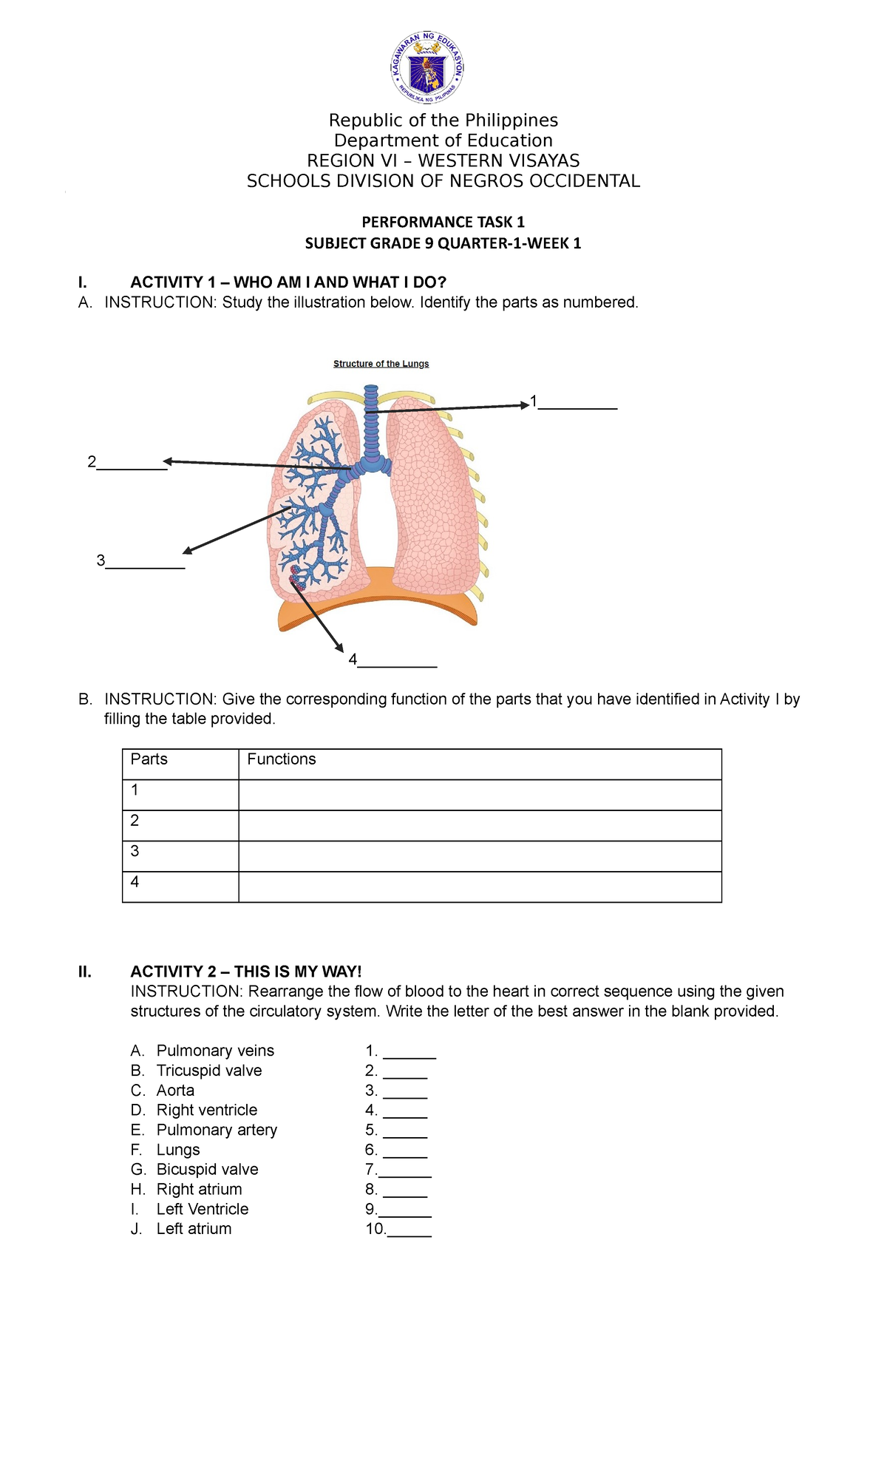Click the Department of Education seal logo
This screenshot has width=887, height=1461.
point(427,69)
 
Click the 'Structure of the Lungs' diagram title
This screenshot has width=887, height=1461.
point(381,364)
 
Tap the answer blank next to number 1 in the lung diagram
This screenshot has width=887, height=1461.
point(577,405)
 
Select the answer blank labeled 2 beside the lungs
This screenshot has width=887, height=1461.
point(132,466)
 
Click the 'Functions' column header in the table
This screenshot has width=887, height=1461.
point(281,759)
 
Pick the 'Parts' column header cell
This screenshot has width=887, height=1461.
point(149,759)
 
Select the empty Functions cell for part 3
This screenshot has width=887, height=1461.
point(479,856)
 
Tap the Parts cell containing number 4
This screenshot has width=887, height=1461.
point(180,887)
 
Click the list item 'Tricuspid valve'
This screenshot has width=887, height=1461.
point(209,1071)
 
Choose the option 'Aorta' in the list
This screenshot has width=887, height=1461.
point(175,1091)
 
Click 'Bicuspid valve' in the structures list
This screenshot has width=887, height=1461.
point(207,1170)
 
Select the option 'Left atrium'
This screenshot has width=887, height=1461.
point(194,1229)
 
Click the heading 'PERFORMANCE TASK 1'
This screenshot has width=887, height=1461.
point(443,222)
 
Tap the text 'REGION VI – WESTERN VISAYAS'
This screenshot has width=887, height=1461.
point(443,160)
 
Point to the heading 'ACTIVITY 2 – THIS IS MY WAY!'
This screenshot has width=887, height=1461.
point(246,972)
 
